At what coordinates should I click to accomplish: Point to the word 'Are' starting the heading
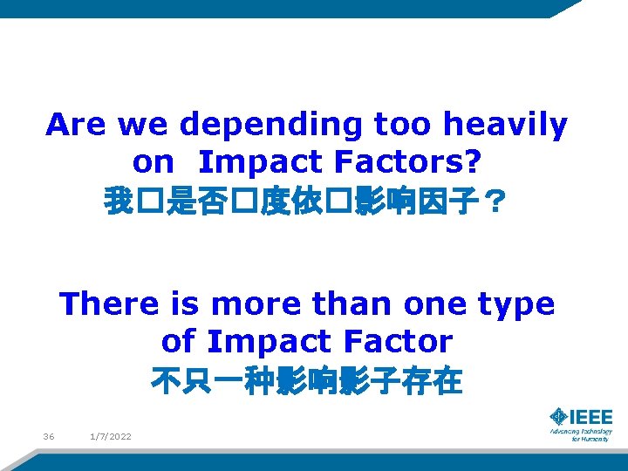click(77, 126)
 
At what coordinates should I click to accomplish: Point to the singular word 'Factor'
click(399, 341)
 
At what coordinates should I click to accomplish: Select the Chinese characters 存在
click(440, 381)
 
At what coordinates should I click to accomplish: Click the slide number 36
click(49, 436)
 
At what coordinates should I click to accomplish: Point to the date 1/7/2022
click(111, 436)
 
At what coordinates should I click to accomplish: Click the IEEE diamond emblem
click(559, 417)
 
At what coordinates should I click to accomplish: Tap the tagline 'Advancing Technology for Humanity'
click(581, 434)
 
